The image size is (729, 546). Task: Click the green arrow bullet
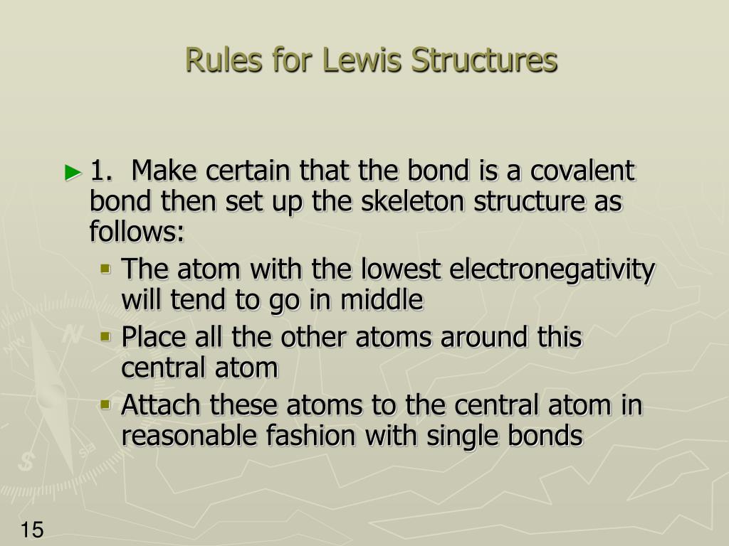(73, 172)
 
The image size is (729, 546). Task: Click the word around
(483, 338)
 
